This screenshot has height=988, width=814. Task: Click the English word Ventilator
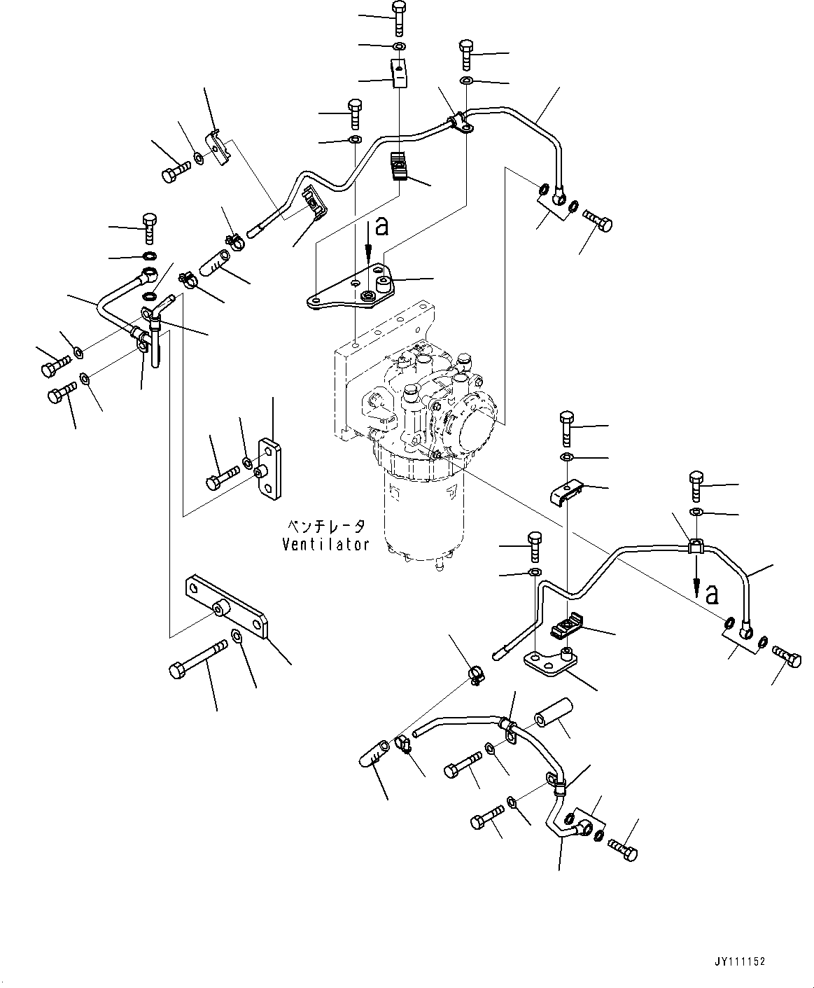(325, 544)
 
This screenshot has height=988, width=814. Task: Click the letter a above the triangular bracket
(381, 225)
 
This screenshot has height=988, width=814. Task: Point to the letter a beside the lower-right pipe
(712, 594)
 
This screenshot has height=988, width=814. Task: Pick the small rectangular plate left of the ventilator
(269, 469)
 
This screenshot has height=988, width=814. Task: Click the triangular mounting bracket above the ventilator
(350, 287)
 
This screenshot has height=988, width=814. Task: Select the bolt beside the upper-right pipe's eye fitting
(599, 221)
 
